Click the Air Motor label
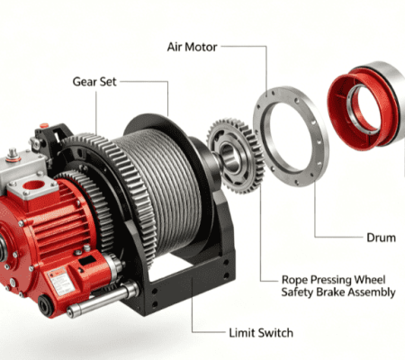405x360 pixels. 192,47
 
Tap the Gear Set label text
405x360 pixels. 94,82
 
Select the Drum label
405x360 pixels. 382,238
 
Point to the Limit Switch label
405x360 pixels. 261,333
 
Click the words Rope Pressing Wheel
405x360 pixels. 333,280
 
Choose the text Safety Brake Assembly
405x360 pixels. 338,292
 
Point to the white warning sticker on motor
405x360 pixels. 61,282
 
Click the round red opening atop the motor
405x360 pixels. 33,185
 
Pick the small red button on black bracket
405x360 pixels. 44,125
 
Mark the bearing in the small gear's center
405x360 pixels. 230,157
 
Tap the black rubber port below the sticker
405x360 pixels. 46,305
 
